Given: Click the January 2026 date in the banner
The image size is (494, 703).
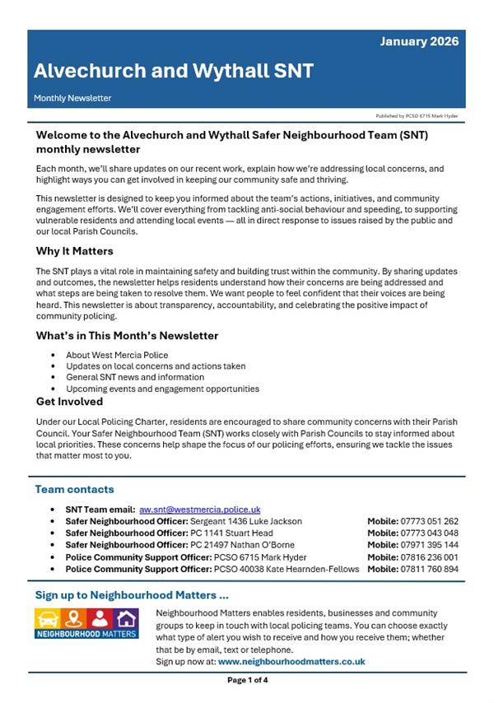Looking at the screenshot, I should [x=419, y=42].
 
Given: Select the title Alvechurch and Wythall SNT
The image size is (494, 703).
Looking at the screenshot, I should [x=174, y=71].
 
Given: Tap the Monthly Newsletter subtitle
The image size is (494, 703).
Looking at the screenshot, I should [x=72, y=98].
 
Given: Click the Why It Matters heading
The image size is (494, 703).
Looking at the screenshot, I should [x=75, y=251].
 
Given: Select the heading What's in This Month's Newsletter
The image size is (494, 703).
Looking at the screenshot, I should [x=127, y=336].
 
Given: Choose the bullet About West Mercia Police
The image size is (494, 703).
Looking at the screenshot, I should [x=117, y=355].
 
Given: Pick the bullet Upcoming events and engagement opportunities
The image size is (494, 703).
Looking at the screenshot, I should [x=162, y=389].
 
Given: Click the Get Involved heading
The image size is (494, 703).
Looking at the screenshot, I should [x=69, y=402].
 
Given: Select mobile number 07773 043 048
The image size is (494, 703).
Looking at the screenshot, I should [x=431, y=533].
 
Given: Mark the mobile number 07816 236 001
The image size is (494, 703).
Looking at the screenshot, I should [x=431, y=556].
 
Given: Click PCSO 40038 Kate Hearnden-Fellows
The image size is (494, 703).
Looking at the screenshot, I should [x=287, y=569].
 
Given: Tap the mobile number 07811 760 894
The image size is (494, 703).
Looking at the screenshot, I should [x=431, y=569].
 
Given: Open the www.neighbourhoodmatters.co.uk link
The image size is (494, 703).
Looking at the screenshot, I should [x=291, y=661].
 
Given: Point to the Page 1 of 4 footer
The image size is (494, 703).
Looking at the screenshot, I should [x=247, y=680].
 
